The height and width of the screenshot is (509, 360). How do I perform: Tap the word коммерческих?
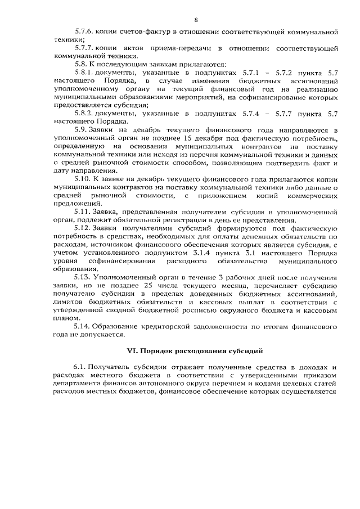click(309, 195)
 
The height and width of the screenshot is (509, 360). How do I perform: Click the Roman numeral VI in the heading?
click(133, 353)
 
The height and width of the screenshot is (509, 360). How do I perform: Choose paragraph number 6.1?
click(79, 366)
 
